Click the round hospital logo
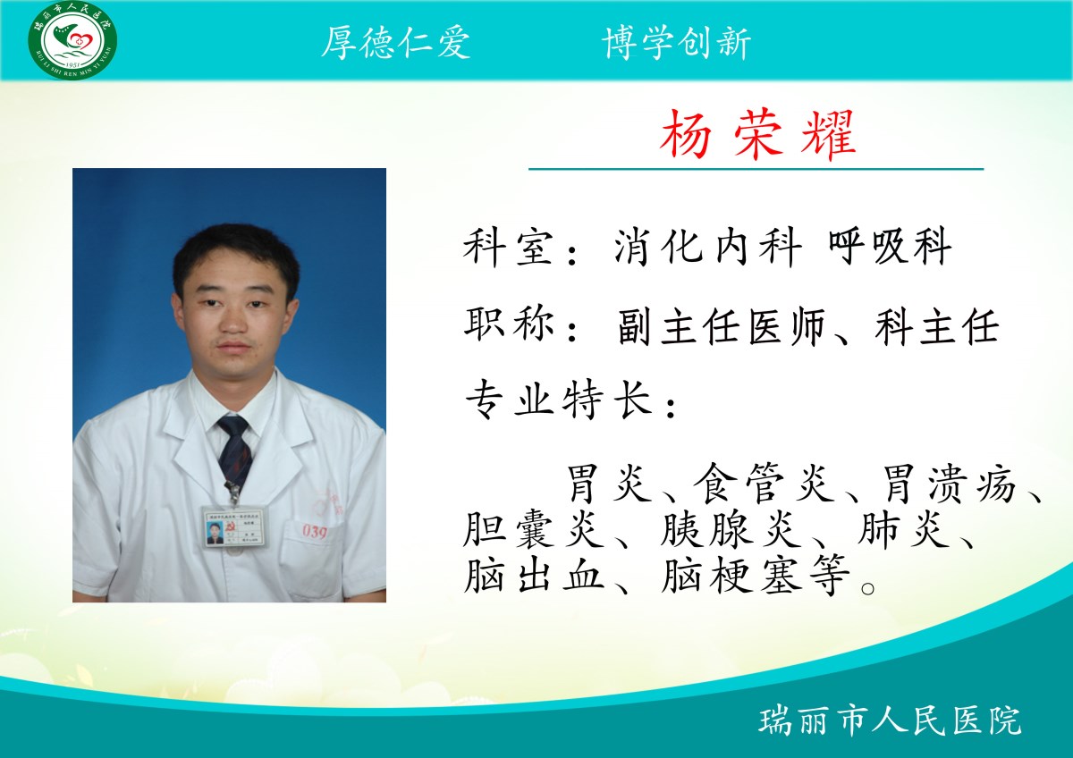(x=72, y=39)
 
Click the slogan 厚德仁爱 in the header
(x=395, y=43)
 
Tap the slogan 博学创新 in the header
(x=676, y=43)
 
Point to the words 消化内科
(x=708, y=247)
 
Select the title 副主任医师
(x=722, y=326)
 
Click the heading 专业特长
(x=559, y=400)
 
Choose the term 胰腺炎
(x=731, y=528)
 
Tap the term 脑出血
(x=534, y=574)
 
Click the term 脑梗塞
(x=732, y=574)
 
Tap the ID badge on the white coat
(x=235, y=527)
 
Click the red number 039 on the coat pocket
(x=315, y=532)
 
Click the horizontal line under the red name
(x=756, y=169)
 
